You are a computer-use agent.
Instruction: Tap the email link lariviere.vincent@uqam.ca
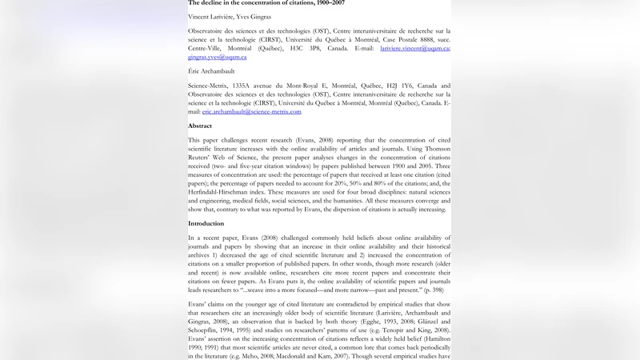[x=414, y=48]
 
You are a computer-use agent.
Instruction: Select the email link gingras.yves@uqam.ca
[x=217, y=57]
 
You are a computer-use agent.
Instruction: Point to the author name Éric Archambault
[x=211, y=71]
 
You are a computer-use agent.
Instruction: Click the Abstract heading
[x=200, y=126]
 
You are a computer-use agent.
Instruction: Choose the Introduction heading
[x=206, y=223]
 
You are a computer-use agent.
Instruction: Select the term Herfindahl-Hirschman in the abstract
[x=224, y=192]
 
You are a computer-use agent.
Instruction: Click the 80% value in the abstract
[x=382, y=183]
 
